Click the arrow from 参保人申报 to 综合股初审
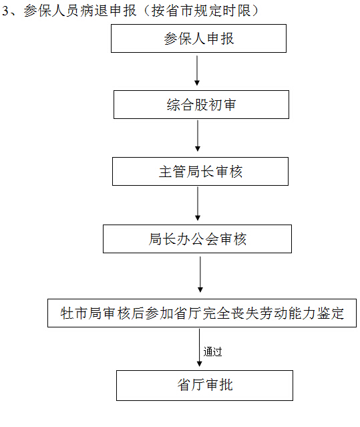(x=197, y=71)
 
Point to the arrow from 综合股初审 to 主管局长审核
(x=198, y=136)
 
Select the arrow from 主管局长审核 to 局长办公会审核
(x=198, y=203)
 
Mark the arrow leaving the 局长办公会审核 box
(x=200, y=274)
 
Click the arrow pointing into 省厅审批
(x=199, y=347)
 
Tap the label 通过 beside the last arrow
(x=213, y=351)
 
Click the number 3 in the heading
(x=5, y=11)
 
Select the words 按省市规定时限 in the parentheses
(x=201, y=11)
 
